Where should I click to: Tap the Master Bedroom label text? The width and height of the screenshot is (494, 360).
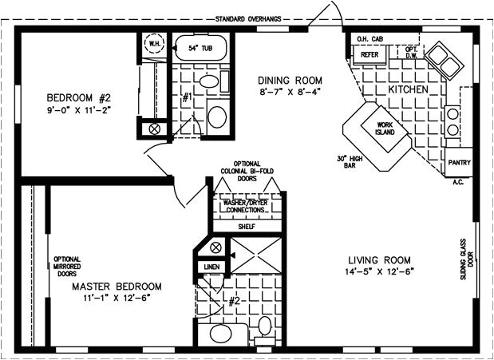[117, 286]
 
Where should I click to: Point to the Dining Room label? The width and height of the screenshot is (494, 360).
[290, 81]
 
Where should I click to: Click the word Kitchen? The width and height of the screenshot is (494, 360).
[409, 90]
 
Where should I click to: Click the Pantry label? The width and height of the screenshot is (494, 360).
[459, 163]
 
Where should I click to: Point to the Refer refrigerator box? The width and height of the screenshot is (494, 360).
[369, 55]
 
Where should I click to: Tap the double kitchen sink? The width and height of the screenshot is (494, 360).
[440, 57]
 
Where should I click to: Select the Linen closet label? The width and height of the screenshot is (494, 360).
[211, 267]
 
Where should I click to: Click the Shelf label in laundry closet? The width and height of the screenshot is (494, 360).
[244, 226]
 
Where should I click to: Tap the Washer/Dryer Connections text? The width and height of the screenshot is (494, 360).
[244, 207]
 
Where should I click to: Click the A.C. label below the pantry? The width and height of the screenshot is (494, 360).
[458, 181]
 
